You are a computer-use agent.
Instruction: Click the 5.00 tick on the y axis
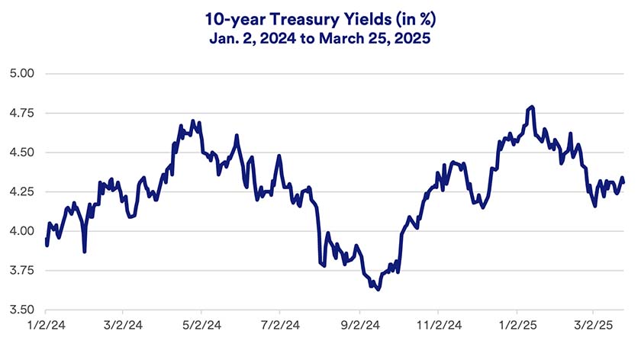coord(24,74)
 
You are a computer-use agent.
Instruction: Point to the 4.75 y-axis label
coord(24,113)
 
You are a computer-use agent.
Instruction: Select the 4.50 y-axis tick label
coord(24,153)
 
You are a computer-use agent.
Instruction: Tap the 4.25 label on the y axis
coord(24,192)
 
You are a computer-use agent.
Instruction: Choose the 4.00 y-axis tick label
coord(24,231)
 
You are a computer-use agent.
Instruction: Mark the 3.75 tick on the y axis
coord(24,271)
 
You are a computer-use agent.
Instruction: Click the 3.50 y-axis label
coord(24,310)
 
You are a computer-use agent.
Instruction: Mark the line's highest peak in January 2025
coord(531,107)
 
